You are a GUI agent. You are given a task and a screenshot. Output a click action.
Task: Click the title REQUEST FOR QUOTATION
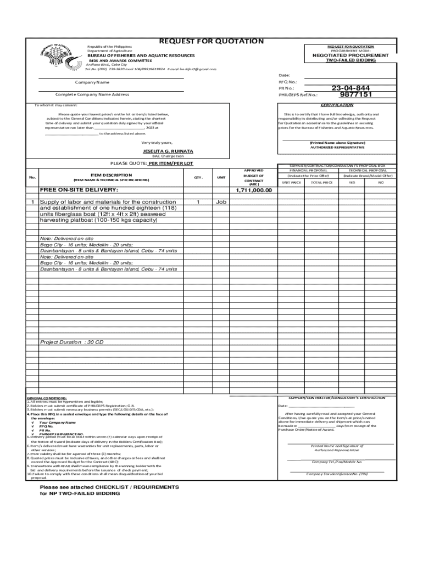click(x=211, y=41)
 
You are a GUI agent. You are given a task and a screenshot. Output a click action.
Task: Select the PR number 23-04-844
click(x=350, y=88)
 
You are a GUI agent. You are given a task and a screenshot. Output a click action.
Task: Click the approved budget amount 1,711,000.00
click(x=254, y=190)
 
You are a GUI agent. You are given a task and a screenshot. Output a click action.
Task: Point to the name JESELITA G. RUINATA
click(x=168, y=150)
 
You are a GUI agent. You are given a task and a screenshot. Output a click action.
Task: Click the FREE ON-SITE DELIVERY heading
click(x=79, y=190)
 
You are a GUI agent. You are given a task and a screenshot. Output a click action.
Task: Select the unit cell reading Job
click(x=221, y=202)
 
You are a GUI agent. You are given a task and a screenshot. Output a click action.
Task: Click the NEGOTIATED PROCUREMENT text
click(x=350, y=55)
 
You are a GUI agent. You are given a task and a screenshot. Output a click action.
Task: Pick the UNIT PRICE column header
click(x=291, y=182)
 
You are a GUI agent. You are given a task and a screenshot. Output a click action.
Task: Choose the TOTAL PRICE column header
click(x=322, y=182)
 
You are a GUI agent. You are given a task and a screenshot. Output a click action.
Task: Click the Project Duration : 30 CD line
click(x=71, y=342)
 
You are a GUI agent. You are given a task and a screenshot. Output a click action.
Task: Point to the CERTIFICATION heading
click(x=337, y=105)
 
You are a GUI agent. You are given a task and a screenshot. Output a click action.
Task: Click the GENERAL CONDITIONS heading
click(x=47, y=398)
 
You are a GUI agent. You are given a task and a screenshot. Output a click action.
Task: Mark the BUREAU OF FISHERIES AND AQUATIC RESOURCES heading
click(x=141, y=55)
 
